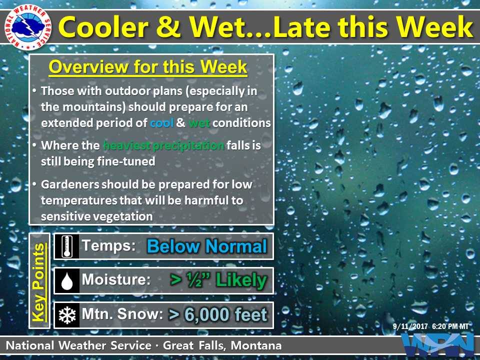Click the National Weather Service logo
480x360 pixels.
pyautogui.click(x=28, y=27)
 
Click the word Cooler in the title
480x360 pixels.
pyautogui.click(x=103, y=27)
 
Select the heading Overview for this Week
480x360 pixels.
pyautogui.click(x=148, y=66)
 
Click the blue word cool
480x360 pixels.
pyautogui.click(x=161, y=123)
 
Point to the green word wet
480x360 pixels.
pyautogui.click(x=199, y=123)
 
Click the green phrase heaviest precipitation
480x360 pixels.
pyautogui.click(x=164, y=145)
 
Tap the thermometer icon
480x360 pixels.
pyautogui.click(x=66, y=246)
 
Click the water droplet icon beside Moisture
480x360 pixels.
pyautogui.click(x=67, y=281)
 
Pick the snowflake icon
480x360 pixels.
pyautogui.click(x=67, y=315)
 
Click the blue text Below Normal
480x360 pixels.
pyautogui.click(x=207, y=246)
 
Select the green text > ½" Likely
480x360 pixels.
pyautogui.click(x=218, y=280)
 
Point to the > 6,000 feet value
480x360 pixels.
pyautogui.click(x=217, y=314)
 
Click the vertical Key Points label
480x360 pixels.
pyautogui.click(x=39, y=282)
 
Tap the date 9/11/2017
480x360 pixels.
pyautogui.click(x=410, y=326)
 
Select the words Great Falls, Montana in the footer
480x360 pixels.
pyautogui.click(x=222, y=345)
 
